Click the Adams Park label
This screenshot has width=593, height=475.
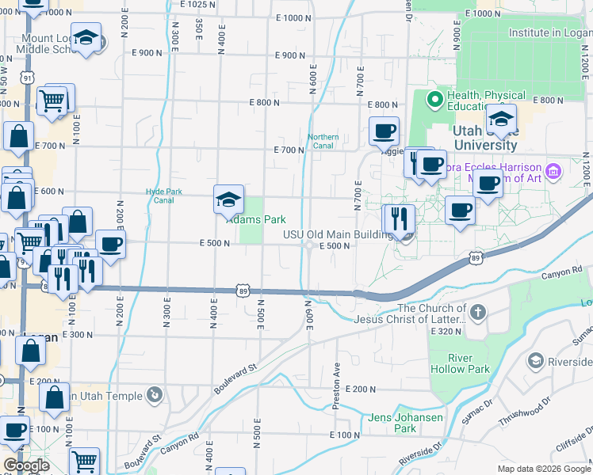coord(256,219)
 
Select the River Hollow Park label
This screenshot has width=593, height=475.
coord(450,363)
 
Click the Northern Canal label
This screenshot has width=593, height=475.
coord(323,141)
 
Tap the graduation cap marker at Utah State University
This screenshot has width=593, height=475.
coord(501,119)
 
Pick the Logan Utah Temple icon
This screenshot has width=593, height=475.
coord(155,395)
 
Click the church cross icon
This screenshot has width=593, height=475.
coord(477,312)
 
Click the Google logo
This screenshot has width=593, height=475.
coord(26,465)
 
